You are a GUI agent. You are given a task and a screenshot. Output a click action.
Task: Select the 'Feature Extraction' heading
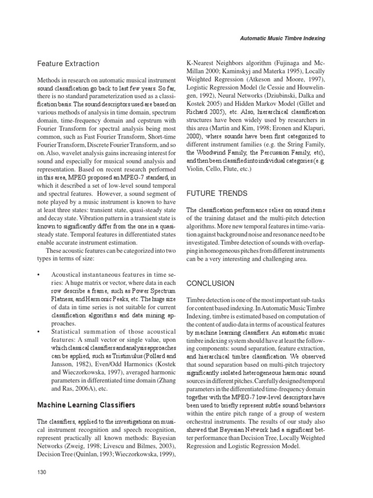click(x=68, y=64)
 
